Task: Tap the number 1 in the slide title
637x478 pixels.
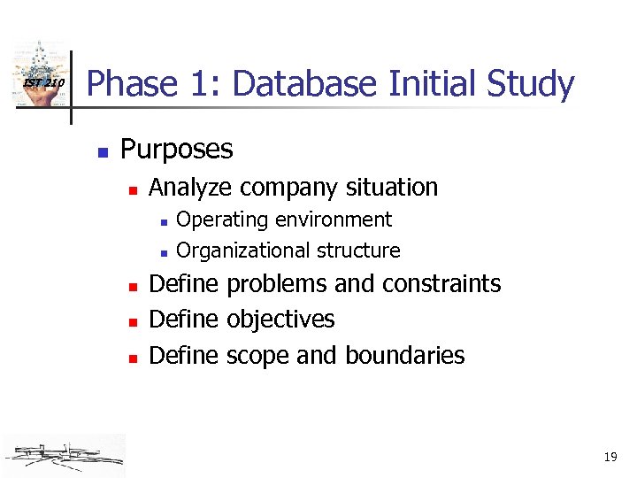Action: point(207,85)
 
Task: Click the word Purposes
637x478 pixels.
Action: point(177,150)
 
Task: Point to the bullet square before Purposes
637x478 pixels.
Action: point(103,151)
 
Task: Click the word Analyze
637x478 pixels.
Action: point(191,188)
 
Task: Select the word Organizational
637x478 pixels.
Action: point(234,251)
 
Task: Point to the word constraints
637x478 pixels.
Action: point(441,284)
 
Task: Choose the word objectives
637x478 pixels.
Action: point(280,320)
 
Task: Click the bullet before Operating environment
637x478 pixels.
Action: point(163,221)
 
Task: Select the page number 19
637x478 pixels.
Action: point(610,458)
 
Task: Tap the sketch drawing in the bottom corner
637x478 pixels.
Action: point(64,454)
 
